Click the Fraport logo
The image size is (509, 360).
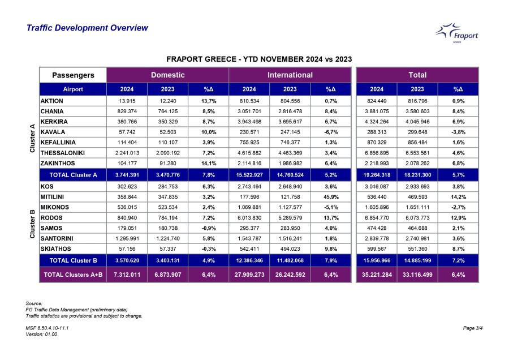(457, 33)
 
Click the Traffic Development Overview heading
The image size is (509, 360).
(87, 28)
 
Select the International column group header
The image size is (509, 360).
(290, 75)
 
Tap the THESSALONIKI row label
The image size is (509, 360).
(63, 153)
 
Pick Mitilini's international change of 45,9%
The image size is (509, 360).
(331, 197)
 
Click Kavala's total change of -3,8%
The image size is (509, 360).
(458, 132)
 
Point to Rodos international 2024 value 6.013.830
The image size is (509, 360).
(249, 218)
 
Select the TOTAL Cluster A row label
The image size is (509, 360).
(73, 175)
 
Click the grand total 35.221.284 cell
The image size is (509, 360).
(377, 275)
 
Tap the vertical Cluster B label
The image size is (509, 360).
(32, 224)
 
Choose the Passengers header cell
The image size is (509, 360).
(73, 75)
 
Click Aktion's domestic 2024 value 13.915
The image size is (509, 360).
(127, 101)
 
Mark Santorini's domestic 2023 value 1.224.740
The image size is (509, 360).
(168, 238)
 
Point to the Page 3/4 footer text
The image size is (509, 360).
(473, 328)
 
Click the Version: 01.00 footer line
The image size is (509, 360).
(41, 334)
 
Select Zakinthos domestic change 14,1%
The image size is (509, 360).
(208, 163)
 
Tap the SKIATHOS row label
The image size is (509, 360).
(55, 249)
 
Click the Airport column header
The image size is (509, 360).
(73, 89)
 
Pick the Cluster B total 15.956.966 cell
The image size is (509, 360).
(377, 260)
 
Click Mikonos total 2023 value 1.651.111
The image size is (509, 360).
(417, 207)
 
